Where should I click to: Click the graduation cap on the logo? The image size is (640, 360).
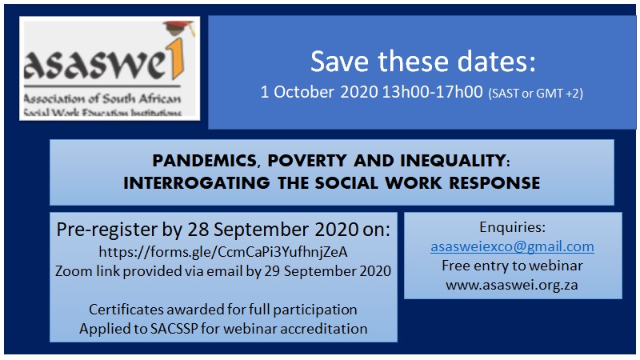(x=178, y=28)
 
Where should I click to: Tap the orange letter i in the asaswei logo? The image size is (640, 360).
(x=178, y=59)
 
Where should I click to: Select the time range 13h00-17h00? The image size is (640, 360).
(x=432, y=92)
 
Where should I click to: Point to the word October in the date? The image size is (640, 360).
(x=304, y=92)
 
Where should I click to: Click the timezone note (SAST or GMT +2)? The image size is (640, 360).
(x=535, y=94)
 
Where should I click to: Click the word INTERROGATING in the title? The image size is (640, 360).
(x=197, y=183)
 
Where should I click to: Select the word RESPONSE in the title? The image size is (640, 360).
(x=494, y=183)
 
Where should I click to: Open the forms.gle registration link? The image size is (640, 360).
(x=223, y=252)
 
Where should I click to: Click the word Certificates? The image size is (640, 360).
(x=126, y=310)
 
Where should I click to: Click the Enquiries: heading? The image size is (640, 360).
(x=512, y=227)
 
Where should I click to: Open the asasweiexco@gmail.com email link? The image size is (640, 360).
(x=512, y=246)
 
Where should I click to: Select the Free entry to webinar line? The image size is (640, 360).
(x=512, y=266)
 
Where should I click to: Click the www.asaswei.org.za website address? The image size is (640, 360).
(x=512, y=285)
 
